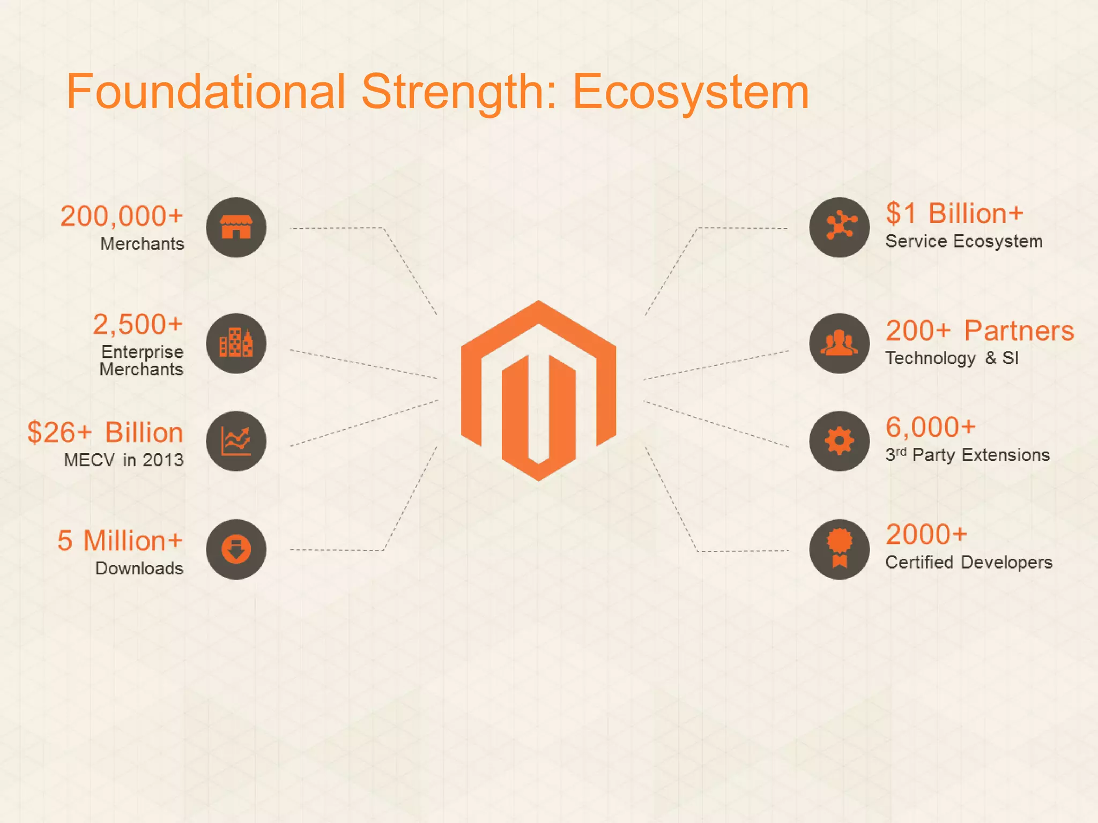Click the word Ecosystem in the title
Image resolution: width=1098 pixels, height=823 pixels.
[x=691, y=92]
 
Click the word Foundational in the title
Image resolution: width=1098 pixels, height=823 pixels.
[x=205, y=92]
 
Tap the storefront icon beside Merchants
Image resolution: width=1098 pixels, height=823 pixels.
[x=236, y=227]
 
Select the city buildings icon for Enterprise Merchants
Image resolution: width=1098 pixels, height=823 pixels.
[x=236, y=343]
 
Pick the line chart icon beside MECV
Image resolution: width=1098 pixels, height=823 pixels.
[x=236, y=441]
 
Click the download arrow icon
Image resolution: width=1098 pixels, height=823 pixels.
[x=236, y=549]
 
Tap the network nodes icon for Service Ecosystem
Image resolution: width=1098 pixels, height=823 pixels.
[x=840, y=227]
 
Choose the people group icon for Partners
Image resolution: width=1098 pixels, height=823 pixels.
[x=840, y=343]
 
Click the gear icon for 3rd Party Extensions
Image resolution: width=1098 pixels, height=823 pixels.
[x=840, y=441]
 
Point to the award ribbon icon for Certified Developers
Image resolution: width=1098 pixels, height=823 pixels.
[x=840, y=549]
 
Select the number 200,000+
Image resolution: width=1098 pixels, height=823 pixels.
[x=122, y=216]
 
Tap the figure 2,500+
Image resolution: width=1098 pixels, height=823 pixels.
[x=138, y=324]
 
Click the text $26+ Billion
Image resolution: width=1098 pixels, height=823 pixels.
[x=105, y=432]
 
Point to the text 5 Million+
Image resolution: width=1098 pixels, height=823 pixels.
[x=120, y=541]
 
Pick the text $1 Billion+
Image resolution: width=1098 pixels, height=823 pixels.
[x=954, y=213]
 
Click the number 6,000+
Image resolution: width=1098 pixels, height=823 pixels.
[x=930, y=427]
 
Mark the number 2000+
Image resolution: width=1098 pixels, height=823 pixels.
[x=926, y=534]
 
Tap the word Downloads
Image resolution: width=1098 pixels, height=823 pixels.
[x=139, y=568]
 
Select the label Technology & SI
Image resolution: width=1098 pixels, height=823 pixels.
[x=952, y=358]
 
